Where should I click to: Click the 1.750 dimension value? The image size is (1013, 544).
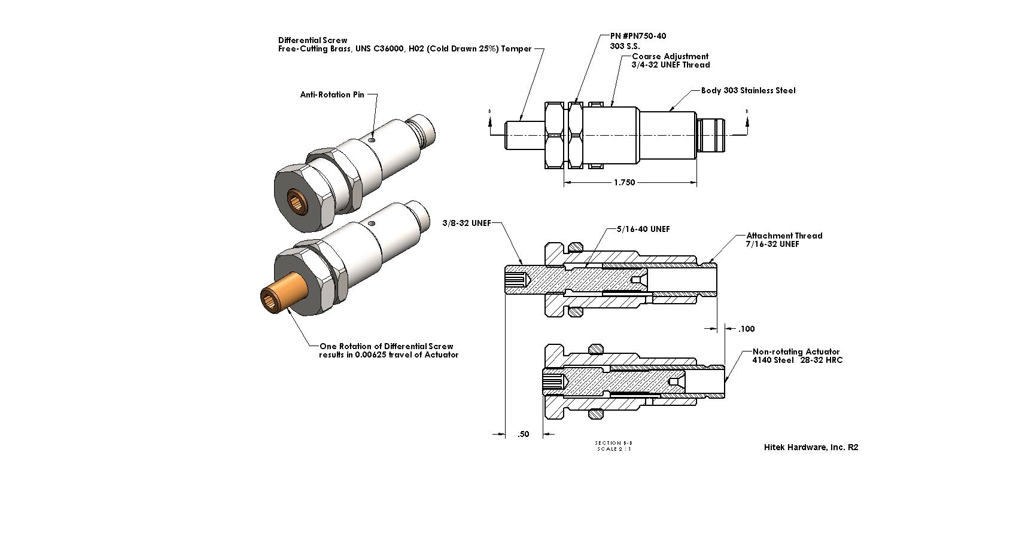tap(624, 182)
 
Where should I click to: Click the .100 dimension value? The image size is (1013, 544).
tap(746, 329)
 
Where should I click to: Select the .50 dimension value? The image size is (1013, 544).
tap(524, 435)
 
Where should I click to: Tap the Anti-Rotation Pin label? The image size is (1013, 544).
tap(331, 94)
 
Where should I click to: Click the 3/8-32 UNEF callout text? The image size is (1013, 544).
tap(466, 223)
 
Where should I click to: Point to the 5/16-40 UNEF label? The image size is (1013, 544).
tap(643, 229)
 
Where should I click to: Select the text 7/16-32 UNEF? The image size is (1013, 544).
tap(772, 244)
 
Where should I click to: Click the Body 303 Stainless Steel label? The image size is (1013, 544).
tap(748, 90)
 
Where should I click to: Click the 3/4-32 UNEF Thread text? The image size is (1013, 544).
tap(670, 65)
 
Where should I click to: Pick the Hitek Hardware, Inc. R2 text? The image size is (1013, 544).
tap(811, 447)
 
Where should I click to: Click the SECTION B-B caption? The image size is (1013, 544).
tap(613, 443)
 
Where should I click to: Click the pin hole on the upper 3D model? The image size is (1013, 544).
tap(372, 139)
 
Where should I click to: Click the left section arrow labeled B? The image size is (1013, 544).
tap(490, 121)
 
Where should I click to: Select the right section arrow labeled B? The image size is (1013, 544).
tap(746, 121)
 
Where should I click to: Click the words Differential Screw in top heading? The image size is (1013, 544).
tap(312, 40)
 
